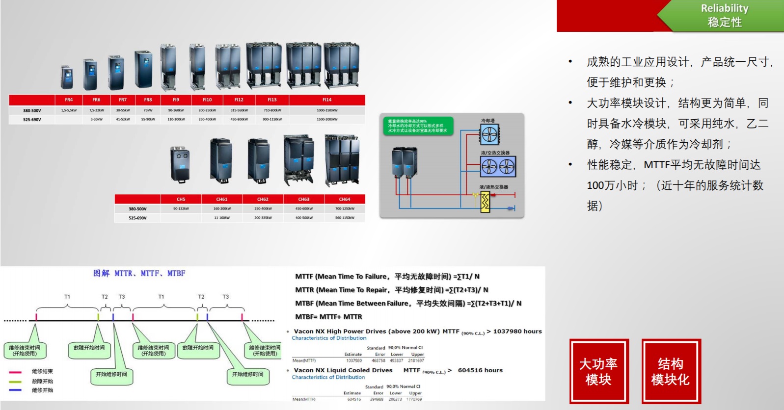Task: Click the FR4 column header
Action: coord(69,100)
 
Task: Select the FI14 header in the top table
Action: coord(327,100)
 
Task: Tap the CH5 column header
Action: coord(181,199)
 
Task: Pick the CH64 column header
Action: coord(345,199)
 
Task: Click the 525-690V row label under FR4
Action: coord(32,119)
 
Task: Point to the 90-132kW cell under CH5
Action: coord(181,209)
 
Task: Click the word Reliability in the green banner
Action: coord(724,8)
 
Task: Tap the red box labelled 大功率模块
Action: coord(598,371)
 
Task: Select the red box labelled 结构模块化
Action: coord(671,371)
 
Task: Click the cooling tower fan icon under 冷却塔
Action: coord(489,134)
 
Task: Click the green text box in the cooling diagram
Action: coord(417,126)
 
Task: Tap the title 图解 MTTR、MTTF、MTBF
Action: coord(139,273)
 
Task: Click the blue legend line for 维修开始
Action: coord(15,390)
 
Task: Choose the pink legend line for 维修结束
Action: coord(15,372)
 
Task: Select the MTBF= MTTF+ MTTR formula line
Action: coord(328,317)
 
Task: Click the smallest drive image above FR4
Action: coord(67,77)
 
